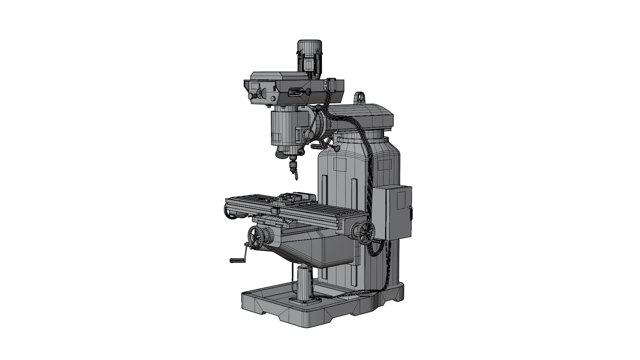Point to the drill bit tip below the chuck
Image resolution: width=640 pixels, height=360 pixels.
295,179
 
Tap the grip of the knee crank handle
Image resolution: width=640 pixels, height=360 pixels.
237,260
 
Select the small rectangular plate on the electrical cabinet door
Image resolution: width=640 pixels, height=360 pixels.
402,200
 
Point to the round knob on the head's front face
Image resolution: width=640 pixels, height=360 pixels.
251,96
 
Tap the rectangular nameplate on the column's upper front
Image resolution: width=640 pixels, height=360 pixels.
340,165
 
